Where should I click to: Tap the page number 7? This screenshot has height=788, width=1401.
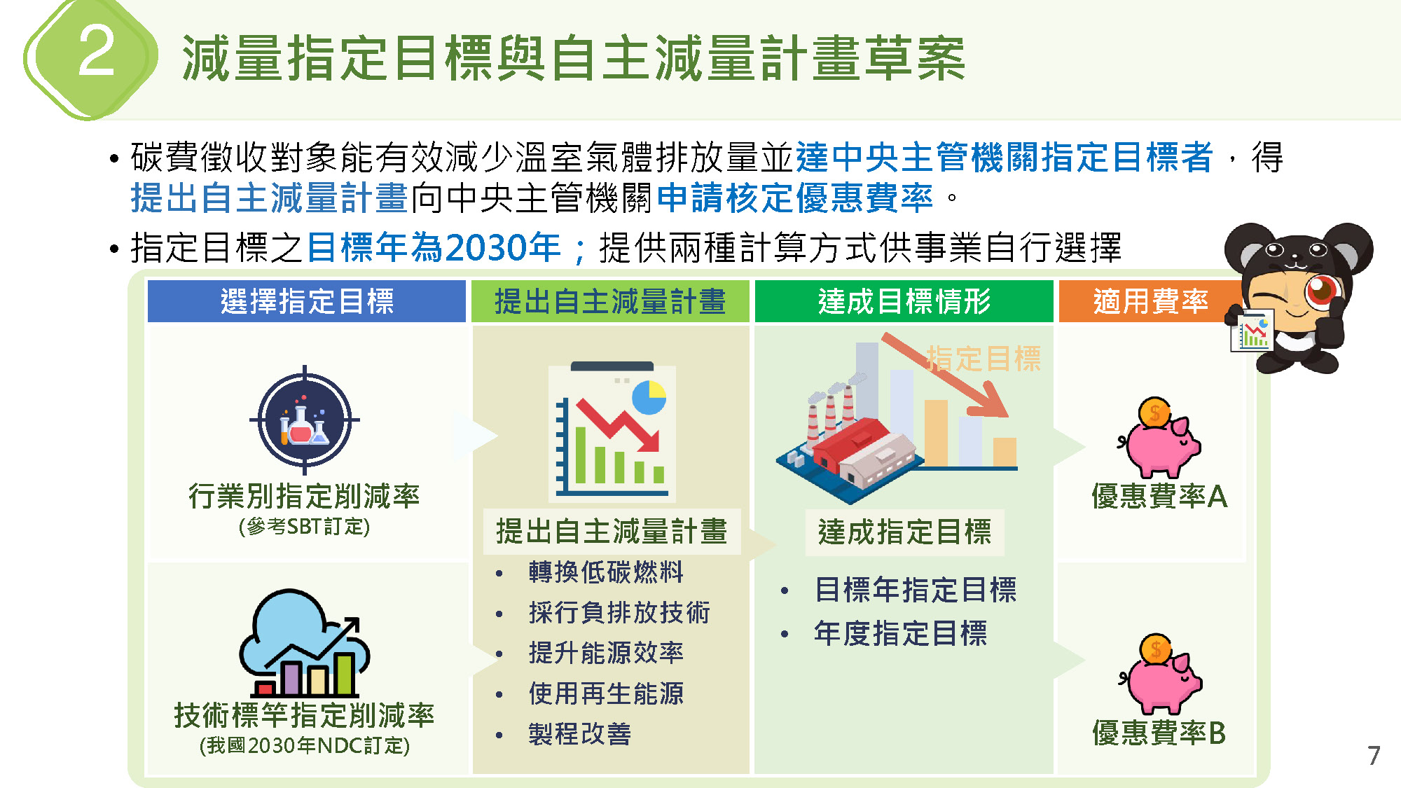pos(1374,756)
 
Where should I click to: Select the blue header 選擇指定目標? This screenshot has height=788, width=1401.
pos(307,301)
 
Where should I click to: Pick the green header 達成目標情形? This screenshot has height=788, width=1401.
pos(904,301)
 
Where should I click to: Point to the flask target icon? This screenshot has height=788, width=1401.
pos(305,420)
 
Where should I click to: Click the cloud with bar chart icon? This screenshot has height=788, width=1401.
pos(305,642)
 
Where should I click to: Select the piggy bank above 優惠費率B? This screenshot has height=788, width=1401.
pos(1160,674)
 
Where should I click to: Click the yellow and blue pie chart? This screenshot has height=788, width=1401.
pos(649,398)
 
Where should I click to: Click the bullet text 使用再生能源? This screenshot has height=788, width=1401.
pos(606,694)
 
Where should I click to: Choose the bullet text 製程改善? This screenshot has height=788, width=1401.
pos(580,734)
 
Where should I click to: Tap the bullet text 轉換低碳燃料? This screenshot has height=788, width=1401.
pos(606,572)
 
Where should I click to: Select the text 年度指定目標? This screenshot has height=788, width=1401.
pos(901,633)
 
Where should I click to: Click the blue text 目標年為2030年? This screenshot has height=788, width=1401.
pos(434,247)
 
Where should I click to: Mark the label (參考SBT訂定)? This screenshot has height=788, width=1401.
pos(304,526)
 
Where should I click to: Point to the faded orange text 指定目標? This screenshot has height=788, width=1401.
pos(984,359)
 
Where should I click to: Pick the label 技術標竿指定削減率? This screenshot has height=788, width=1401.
pos(304,715)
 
